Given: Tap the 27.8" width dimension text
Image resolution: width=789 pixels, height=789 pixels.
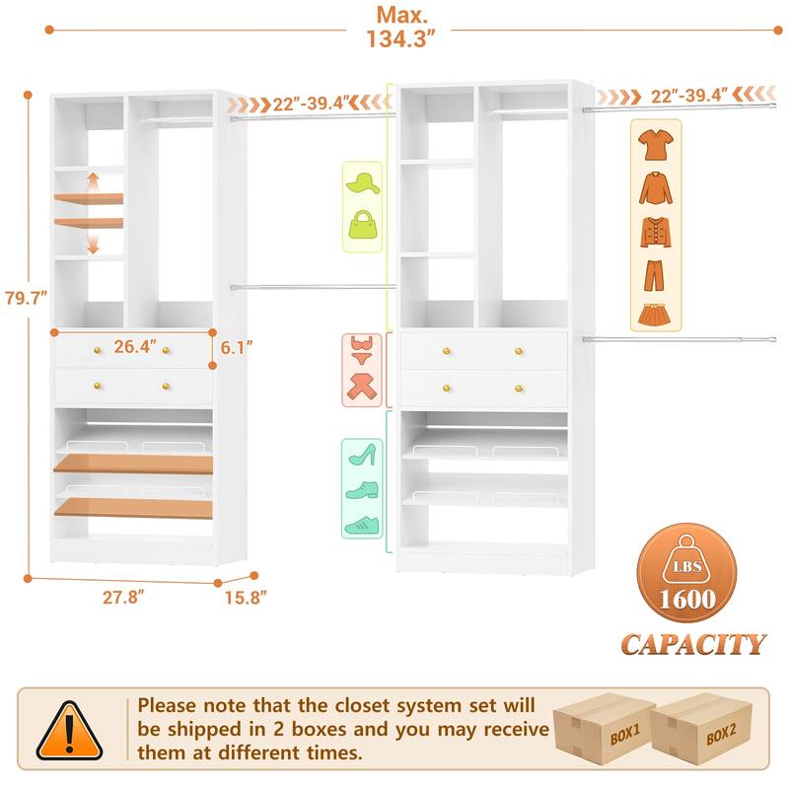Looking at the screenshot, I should [127, 596].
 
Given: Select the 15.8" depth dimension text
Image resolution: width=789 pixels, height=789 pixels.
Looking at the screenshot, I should [246, 596].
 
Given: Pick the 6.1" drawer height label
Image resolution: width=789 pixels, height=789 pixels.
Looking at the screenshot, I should [237, 347].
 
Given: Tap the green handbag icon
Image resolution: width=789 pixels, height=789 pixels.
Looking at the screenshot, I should [362, 223].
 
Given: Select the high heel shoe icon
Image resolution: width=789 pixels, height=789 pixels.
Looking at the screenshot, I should [362, 455].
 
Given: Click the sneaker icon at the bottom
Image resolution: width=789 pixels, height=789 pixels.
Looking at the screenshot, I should [362, 525].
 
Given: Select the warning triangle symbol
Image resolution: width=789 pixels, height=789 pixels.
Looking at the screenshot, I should [69, 731].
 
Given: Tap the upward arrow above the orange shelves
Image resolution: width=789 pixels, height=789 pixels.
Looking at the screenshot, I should [93, 181].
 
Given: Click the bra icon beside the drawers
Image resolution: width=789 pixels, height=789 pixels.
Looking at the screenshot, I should [361, 349].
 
